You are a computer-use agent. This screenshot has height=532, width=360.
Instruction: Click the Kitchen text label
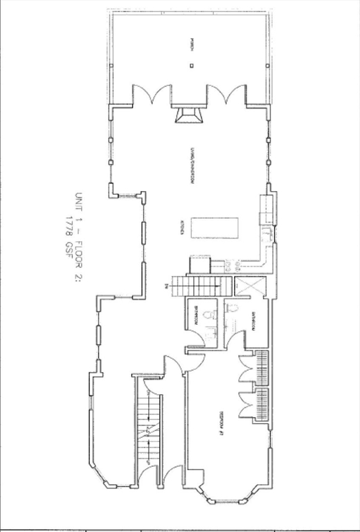(x=182, y=228)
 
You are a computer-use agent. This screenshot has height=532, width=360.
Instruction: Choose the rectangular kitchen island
(x=215, y=227)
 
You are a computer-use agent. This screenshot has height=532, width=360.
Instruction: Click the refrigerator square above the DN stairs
(x=199, y=264)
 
